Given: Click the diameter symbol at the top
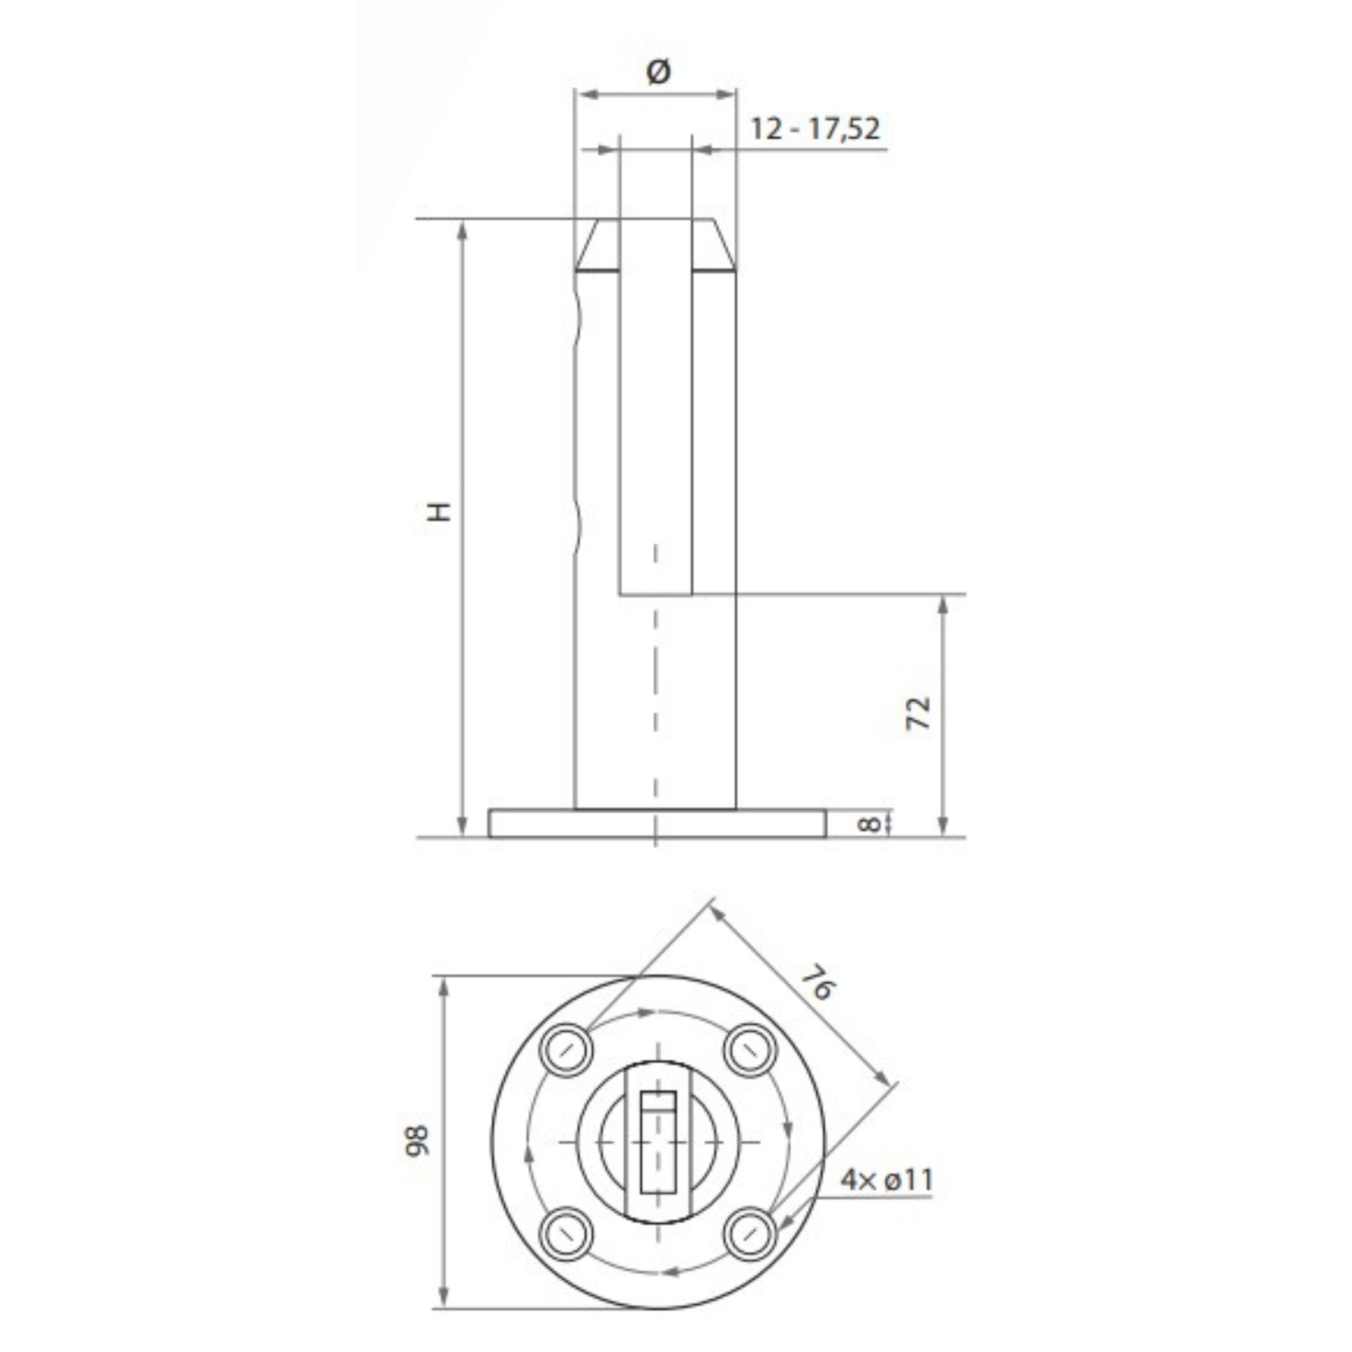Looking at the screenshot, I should [658, 71].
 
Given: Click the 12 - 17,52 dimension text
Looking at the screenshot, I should [815, 129].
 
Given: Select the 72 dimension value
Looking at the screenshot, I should [918, 713].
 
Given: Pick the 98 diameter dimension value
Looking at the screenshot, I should [418, 1141].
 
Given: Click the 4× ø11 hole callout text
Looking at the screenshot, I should [887, 1180].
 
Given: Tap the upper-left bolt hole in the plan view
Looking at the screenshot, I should [566, 1050].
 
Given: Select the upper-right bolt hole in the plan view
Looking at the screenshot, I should [749, 1050].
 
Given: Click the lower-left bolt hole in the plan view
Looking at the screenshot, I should [566, 1234].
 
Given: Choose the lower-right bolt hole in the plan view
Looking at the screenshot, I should [749, 1234].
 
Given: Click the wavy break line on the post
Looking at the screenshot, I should [578, 420].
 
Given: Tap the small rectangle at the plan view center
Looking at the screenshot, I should [658, 1141].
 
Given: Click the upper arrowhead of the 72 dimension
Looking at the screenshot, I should [943, 605].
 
